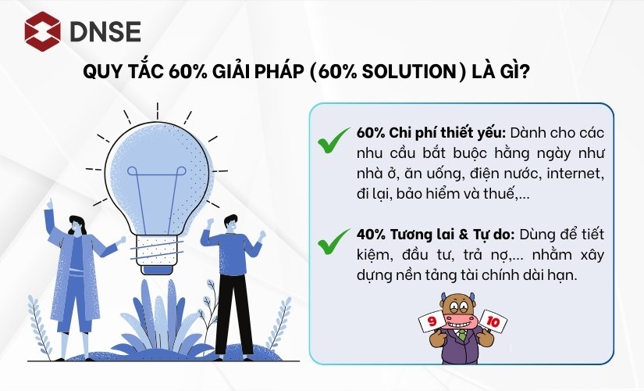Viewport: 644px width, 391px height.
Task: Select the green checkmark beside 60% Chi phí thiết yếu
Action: pyautogui.click(x=333, y=142)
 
